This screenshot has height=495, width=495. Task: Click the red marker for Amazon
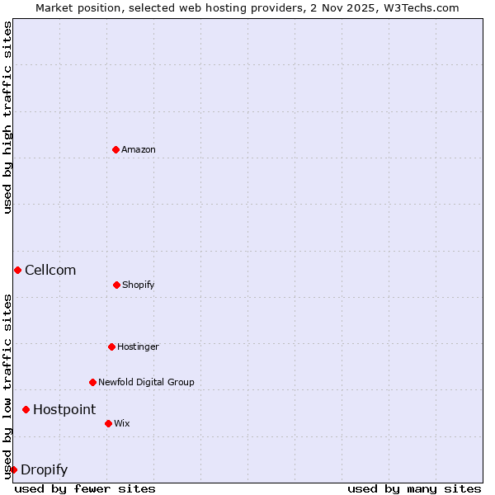pyautogui.click(x=115, y=149)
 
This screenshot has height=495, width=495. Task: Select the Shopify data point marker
pyautogui.click(x=116, y=285)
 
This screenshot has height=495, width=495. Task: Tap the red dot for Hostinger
pyautogui.click(x=111, y=346)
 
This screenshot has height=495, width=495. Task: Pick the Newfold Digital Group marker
pyautogui.click(x=92, y=382)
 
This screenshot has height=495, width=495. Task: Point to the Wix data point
pyautogui.click(x=108, y=423)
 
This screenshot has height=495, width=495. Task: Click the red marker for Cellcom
pyautogui.click(x=17, y=270)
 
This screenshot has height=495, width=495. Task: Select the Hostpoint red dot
pyautogui.click(x=26, y=409)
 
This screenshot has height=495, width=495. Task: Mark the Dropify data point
pyautogui.click(x=13, y=469)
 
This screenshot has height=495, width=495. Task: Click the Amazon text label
pyautogui.click(x=139, y=149)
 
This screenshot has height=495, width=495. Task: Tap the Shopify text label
pyautogui.click(x=139, y=285)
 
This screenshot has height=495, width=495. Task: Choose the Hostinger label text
pyautogui.click(x=138, y=346)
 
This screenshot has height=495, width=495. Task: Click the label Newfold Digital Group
pyautogui.click(x=146, y=382)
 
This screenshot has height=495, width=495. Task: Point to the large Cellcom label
pyautogui.click(x=50, y=270)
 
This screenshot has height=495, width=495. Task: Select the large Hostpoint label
pyautogui.click(x=64, y=409)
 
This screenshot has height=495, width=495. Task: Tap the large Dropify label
pyautogui.click(x=45, y=470)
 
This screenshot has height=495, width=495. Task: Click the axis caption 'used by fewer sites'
pyautogui.click(x=85, y=488)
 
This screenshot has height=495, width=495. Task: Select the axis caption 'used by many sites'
pyautogui.click(x=414, y=488)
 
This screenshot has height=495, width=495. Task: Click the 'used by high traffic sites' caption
pyautogui.click(x=7, y=117)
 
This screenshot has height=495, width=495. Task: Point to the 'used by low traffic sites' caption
pyautogui.click(x=7, y=385)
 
